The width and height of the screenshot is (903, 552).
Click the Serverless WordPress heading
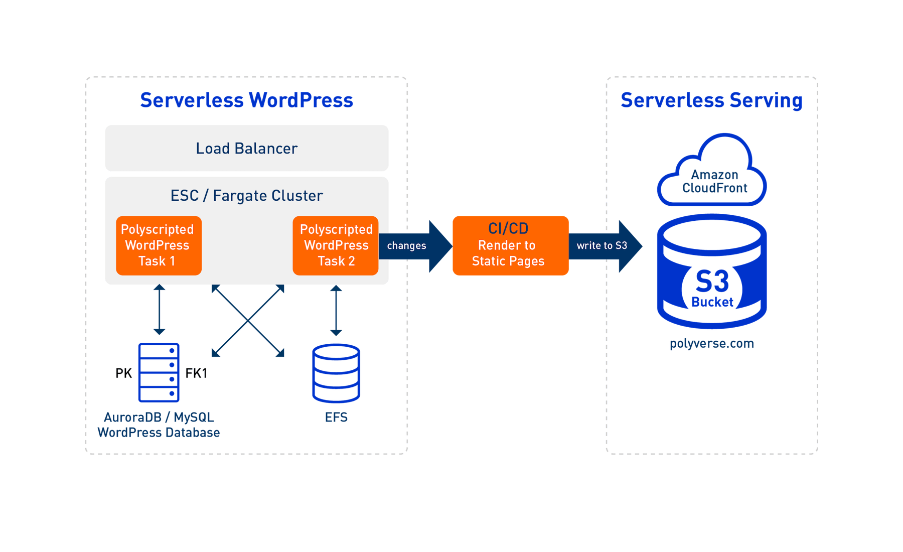point(246,100)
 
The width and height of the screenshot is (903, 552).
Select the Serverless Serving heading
point(711,100)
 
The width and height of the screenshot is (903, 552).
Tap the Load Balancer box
point(246,149)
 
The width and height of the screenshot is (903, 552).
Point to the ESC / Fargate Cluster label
point(246,196)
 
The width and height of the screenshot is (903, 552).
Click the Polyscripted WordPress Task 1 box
point(159,245)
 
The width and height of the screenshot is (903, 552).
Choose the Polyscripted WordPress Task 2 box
point(336,245)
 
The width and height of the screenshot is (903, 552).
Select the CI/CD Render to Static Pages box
point(510,245)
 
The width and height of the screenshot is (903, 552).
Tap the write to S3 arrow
point(605,246)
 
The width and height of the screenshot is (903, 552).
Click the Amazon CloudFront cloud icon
point(712,173)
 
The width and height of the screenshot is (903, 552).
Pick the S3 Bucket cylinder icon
point(712,273)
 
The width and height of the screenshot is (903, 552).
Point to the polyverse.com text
point(711,344)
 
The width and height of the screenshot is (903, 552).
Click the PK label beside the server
point(123,373)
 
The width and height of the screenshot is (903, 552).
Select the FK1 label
point(196,373)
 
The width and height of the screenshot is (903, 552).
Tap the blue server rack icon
point(159,372)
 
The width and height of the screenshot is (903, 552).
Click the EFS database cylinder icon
point(336,373)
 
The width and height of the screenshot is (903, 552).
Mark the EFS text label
point(336,418)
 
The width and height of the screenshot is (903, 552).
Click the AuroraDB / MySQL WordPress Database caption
point(159,425)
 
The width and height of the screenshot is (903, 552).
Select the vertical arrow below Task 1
point(160,310)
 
